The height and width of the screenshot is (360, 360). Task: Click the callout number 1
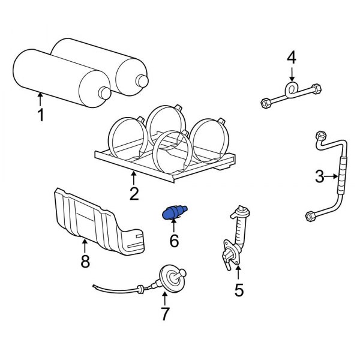click(41, 114)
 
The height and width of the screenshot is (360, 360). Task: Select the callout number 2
click(133, 193)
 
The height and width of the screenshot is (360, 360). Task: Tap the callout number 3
click(320, 176)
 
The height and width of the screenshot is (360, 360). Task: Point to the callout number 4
click(292, 58)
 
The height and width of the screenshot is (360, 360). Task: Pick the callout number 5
click(239, 290)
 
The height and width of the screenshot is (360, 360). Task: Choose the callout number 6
click(174, 241)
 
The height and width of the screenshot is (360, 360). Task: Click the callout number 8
click(85, 261)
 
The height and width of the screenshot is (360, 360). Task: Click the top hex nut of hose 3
click(319, 136)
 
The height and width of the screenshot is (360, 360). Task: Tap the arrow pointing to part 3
click(333, 176)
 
